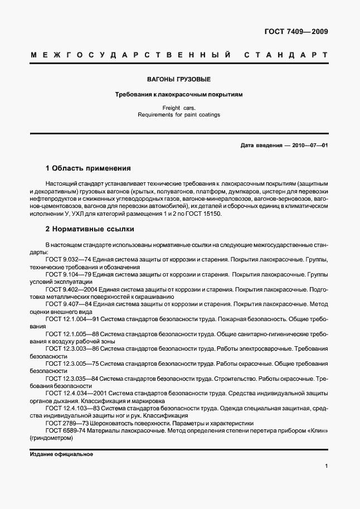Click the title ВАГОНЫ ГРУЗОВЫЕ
click(178, 80)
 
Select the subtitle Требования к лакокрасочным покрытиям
click(178, 95)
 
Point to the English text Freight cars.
click(179, 108)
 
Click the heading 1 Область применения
click(88, 168)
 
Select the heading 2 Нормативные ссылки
click(89, 229)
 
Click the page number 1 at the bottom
click(326, 466)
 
